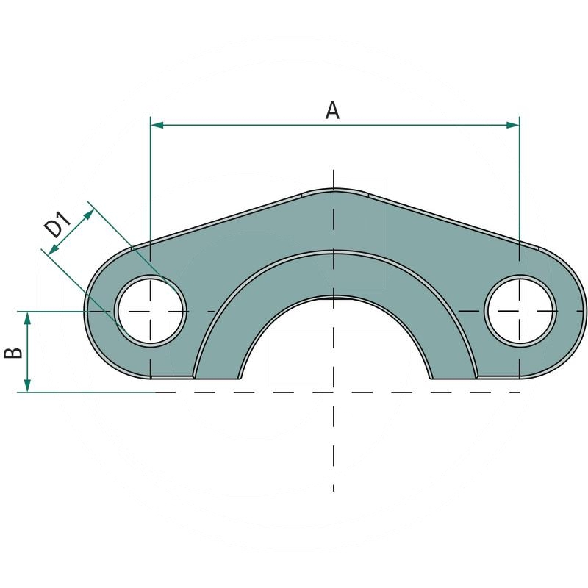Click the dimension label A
tap(333, 110)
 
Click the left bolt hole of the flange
tap(150, 311)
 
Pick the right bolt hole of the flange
tap(520, 311)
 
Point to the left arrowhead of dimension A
tap(156, 126)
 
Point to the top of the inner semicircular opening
tap(334, 297)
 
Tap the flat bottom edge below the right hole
tap(500, 378)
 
